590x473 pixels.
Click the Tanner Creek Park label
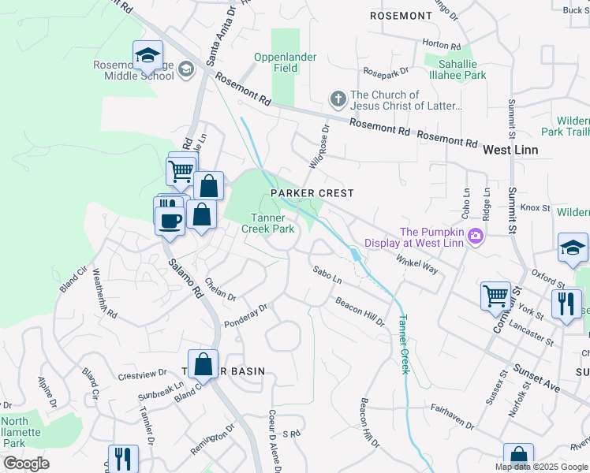click(x=272, y=223)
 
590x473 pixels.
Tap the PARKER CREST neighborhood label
click(x=312, y=193)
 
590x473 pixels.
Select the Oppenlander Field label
click(x=285, y=62)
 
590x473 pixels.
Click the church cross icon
click(x=338, y=99)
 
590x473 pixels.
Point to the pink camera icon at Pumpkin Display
click(x=475, y=236)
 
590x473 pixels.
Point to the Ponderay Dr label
click(x=247, y=313)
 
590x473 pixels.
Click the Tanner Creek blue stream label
click(x=403, y=344)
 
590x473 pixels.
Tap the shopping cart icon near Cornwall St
click(x=495, y=296)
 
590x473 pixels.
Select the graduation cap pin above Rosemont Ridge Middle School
click(x=147, y=55)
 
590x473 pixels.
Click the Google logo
click(x=26, y=464)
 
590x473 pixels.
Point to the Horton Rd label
click(x=441, y=45)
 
